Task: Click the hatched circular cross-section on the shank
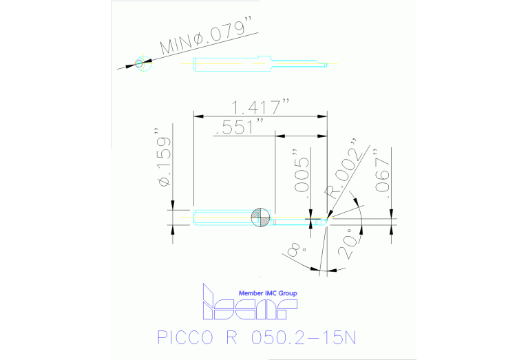(260, 217)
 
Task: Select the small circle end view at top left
(140, 63)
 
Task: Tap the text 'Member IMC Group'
(267, 293)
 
